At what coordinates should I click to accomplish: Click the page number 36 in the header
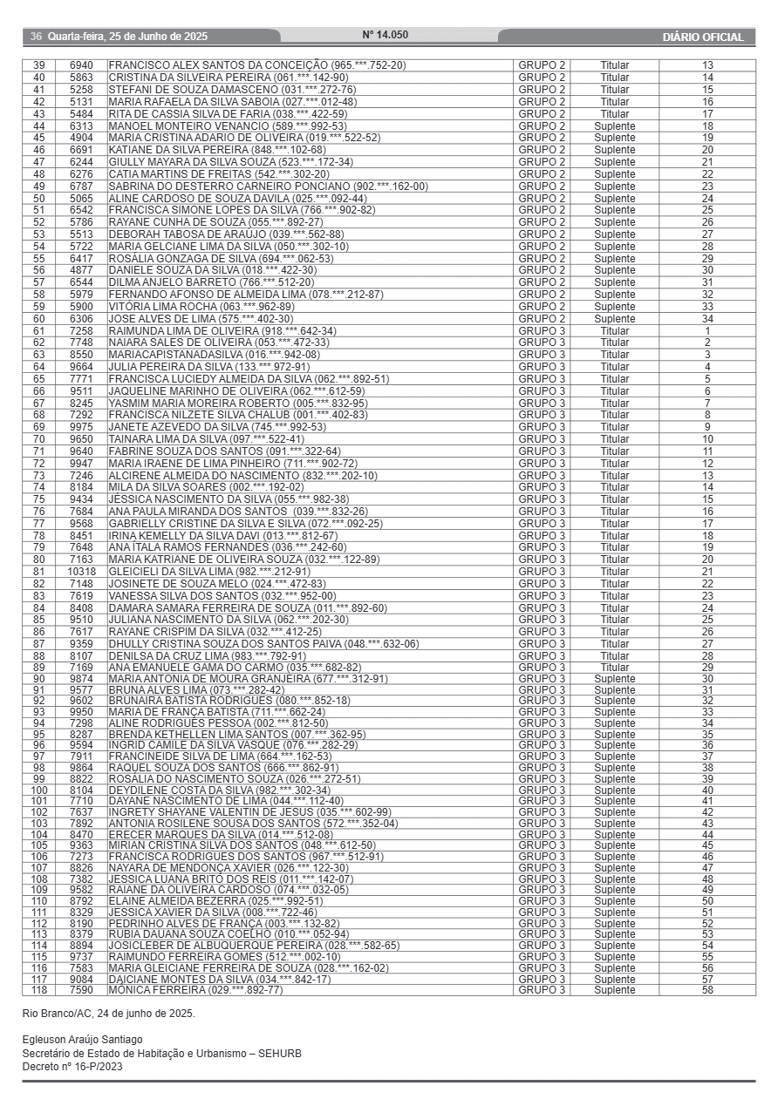tap(36, 37)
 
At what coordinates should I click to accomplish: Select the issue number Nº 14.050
tap(385, 36)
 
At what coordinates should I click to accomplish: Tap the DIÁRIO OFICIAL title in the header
tap(703, 37)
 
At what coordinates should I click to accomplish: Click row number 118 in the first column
tap(39, 991)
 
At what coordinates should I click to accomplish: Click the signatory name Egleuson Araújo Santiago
tap(82, 1040)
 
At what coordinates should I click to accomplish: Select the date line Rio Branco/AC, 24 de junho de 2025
tap(108, 1014)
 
